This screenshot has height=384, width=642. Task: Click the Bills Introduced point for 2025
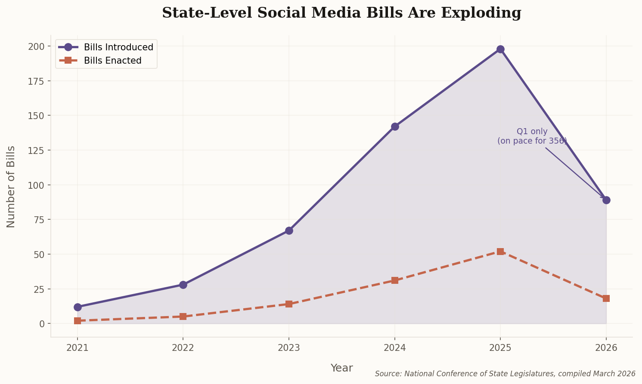click(x=500, y=49)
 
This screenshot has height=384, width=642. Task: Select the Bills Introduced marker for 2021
click(x=78, y=307)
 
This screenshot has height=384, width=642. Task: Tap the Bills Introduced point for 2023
click(x=289, y=230)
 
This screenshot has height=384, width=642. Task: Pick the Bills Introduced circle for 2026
click(x=606, y=200)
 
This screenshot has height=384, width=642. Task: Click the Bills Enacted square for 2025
click(x=500, y=252)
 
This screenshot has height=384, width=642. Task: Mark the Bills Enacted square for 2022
click(x=183, y=316)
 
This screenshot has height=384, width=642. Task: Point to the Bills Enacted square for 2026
click(x=606, y=298)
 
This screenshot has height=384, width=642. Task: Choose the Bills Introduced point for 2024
click(x=395, y=126)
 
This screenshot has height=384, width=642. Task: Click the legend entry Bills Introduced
click(x=118, y=47)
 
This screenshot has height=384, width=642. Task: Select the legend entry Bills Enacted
click(x=112, y=61)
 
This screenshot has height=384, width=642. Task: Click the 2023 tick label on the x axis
click(x=289, y=347)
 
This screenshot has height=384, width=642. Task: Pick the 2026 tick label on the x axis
click(x=606, y=347)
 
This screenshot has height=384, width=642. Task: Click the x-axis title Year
click(x=341, y=368)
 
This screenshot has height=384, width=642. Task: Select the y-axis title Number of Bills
click(x=11, y=187)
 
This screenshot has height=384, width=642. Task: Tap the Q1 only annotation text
click(x=532, y=132)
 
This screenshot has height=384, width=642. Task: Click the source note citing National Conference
click(x=505, y=374)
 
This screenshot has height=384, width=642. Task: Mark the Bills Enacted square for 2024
click(x=395, y=280)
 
